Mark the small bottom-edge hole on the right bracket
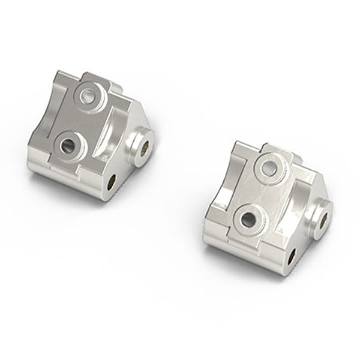pyautogui.click(x=291, y=256)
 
